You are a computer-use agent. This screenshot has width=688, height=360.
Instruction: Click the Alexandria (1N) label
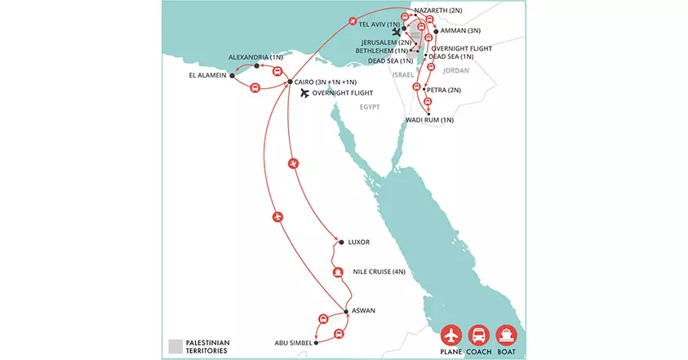255,57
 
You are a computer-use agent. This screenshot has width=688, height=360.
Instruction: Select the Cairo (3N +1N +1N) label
329,82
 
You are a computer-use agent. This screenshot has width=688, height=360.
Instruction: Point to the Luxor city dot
341,242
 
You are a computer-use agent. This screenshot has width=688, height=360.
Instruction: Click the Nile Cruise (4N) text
379,271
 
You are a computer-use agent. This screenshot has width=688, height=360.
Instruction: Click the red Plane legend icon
451,335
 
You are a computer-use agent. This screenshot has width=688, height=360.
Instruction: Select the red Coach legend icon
479,335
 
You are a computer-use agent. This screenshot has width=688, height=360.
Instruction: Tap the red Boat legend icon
507,335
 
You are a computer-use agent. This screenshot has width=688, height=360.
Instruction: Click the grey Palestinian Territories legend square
174,344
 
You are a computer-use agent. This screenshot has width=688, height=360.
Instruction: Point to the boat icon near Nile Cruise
337,272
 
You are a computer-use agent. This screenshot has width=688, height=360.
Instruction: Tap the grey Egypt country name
365,106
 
